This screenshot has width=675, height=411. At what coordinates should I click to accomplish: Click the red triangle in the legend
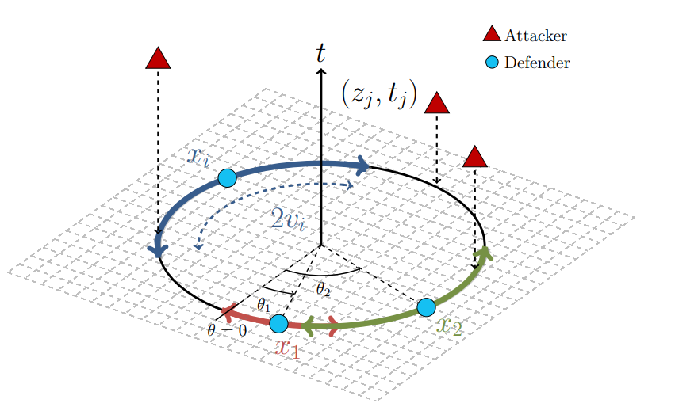click(492, 34)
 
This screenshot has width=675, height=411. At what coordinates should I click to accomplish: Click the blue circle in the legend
click(492, 62)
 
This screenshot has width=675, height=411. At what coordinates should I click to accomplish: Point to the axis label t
click(320, 52)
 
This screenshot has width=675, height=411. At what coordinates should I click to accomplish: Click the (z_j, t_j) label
click(378, 93)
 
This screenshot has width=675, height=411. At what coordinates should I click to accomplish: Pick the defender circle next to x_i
click(227, 177)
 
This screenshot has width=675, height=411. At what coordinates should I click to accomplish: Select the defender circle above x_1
click(278, 323)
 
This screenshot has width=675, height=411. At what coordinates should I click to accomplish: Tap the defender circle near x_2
click(426, 306)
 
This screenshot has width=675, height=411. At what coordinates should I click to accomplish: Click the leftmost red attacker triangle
click(158, 59)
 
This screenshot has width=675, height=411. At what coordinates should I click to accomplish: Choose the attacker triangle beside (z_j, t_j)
click(437, 103)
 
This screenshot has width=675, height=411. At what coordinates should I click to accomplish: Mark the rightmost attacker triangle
click(474, 157)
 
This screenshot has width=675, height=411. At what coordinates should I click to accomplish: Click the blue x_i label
click(198, 156)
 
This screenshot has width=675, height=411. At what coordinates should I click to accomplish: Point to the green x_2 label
click(449, 325)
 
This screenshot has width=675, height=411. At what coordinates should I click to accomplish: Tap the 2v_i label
click(287, 219)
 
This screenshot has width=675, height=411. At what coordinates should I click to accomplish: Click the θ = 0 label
click(226, 330)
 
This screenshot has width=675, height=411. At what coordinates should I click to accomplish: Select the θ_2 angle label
click(323, 289)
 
